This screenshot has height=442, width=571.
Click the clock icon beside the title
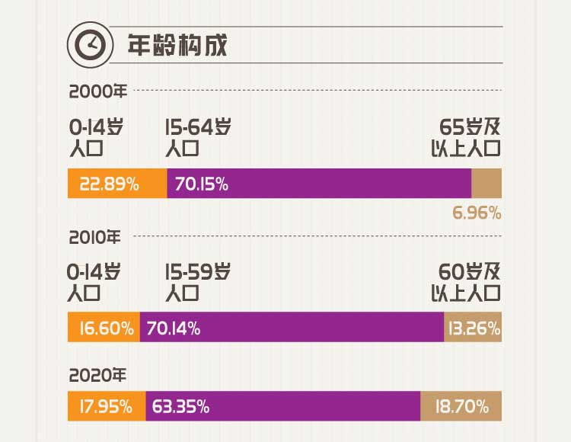coord(89,45)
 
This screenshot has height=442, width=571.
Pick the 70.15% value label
coord(201,184)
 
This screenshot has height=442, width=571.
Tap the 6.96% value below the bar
coord(477,213)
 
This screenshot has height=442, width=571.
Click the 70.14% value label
coord(173,328)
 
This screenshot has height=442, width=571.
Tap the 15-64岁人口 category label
coord(197,137)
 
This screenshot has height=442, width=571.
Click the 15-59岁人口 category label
coord(197,282)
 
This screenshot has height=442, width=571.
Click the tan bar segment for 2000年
coord(486,184)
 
